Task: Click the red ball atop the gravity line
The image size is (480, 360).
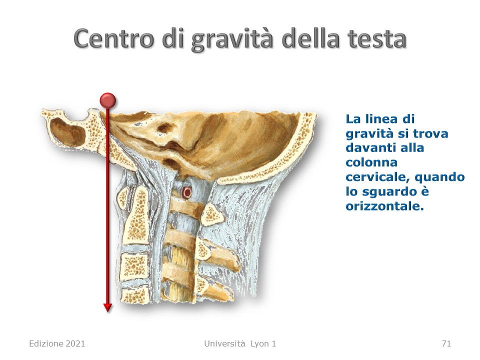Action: (108, 100)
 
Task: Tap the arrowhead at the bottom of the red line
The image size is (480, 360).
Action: (108, 307)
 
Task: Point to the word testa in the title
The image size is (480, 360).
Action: (376, 39)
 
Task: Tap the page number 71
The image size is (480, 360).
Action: (446, 344)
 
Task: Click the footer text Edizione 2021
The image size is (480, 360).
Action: (57, 344)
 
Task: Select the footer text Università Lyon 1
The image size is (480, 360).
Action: (240, 344)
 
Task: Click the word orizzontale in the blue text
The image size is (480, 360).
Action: (384, 206)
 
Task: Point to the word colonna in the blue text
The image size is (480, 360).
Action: (371, 162)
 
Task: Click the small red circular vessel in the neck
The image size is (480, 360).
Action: (186, 192)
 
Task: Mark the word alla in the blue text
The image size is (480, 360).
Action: (411, 148)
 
